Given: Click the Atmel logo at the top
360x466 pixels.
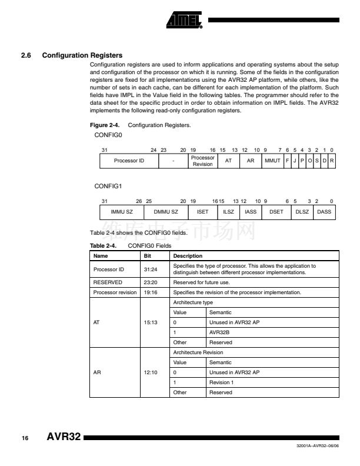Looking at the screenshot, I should tap(185, 21).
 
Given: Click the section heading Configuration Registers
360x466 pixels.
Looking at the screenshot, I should tap(82, 56).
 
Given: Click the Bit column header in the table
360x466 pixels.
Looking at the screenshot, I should tap(148, 256).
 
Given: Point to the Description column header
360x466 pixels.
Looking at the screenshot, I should tap(187, 256).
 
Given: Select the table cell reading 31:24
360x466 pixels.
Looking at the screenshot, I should tap(150, 269).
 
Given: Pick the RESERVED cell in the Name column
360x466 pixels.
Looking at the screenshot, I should tap(106, 282).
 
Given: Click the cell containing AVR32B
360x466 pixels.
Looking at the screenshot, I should tap(219, 332).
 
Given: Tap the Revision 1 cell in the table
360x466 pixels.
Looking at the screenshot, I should tap(221, 382).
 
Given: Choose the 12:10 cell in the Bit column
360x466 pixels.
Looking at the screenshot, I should tap(150, 372).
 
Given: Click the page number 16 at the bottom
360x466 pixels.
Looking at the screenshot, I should tap(25, 439).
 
